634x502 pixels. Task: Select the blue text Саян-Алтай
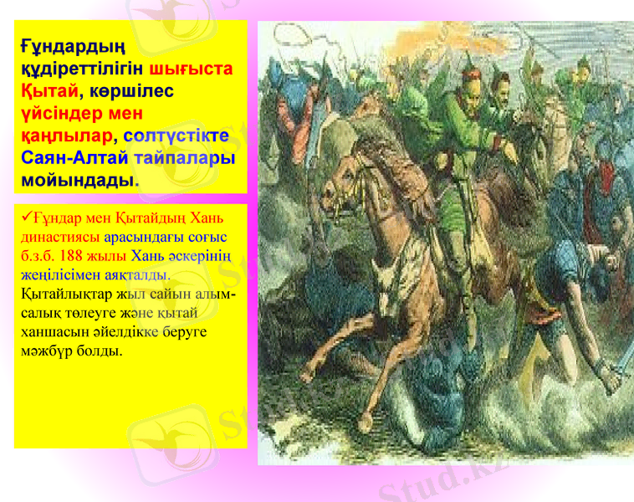click(x=74, y=157)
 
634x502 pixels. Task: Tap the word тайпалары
click(x=184, y=157)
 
